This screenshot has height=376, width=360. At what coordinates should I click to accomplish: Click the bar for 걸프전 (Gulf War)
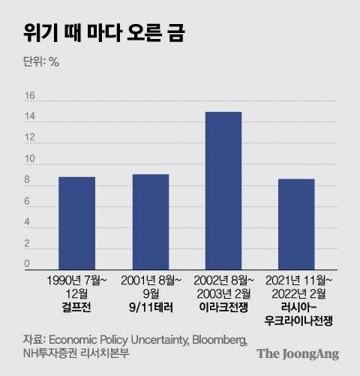pos(77,223)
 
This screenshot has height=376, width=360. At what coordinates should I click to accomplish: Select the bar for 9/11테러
pos(151,221)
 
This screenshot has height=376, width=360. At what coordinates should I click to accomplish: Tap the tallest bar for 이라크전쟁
pos(223,191)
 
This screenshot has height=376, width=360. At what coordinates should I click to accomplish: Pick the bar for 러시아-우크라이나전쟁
pos(296,224)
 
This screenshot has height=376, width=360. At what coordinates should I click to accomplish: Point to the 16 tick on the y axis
pos(30,96)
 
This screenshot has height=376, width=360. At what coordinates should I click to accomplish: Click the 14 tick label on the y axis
pos(30,117)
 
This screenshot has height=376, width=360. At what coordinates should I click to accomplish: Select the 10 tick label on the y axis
pos(30,159)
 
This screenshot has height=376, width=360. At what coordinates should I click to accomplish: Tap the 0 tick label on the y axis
pos(27,264)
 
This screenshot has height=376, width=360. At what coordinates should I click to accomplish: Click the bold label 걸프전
pos(77,307)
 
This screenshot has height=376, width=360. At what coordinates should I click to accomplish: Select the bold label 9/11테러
pos(151,307)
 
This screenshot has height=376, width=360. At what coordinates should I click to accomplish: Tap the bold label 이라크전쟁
pos(223,307)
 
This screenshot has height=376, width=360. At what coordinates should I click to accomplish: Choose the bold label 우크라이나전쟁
pos(296,320)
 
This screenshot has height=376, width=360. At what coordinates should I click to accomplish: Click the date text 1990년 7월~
pos(77,280)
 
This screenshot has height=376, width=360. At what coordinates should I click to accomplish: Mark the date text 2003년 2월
pos(223,293)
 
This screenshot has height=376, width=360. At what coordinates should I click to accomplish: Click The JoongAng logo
pos(297,353)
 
